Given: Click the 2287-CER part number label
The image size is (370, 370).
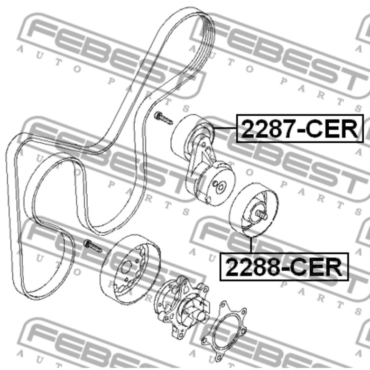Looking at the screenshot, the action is pos(300,128).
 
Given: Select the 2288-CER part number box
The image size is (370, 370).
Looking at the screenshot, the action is pos(284,266).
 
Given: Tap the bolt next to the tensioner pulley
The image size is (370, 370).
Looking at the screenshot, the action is pos(163,118).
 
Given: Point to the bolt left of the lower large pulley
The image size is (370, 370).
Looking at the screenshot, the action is pos(92,246).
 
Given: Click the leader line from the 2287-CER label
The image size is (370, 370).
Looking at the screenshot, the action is pos(225,128).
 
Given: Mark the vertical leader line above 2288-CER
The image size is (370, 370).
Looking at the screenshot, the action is pos(251,244).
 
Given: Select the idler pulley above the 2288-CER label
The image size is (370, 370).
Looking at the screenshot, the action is pos(254,210).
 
